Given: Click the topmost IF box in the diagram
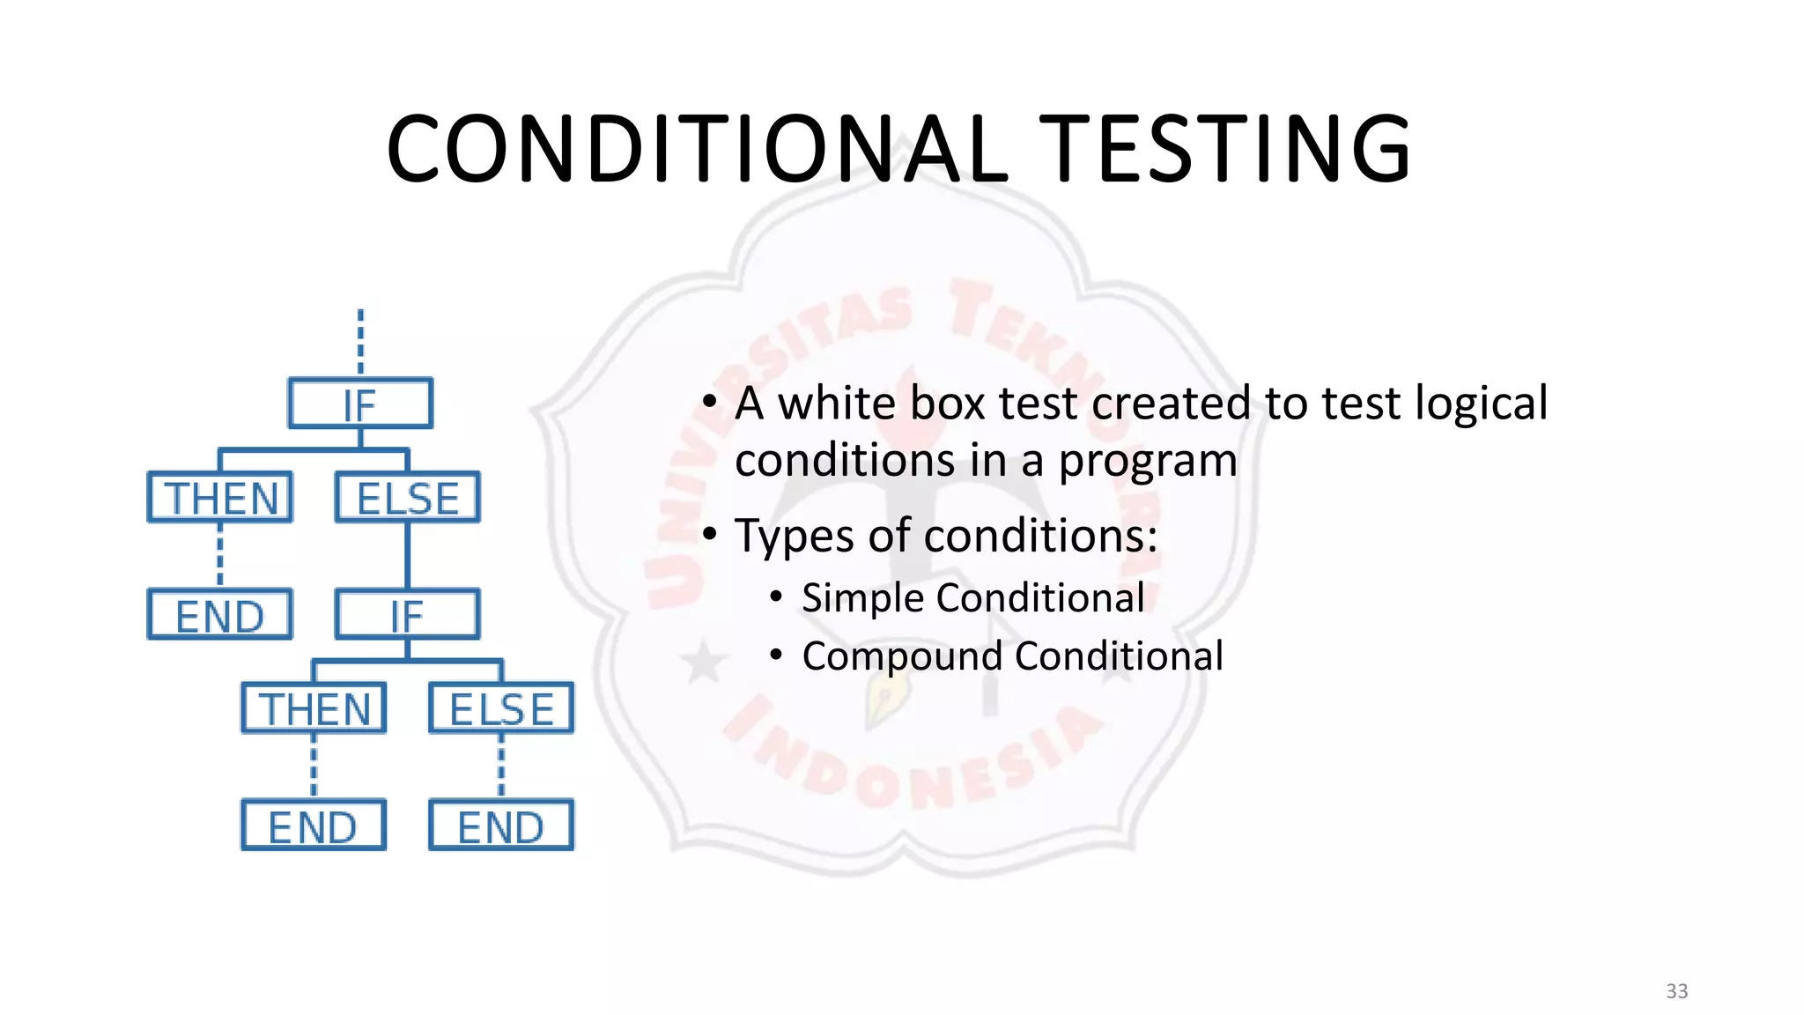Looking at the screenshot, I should click(360, 404).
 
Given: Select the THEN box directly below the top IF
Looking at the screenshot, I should click(220, 498).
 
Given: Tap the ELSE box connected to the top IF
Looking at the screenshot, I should click(408, 498).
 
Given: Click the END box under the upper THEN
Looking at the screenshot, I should click(220, 615).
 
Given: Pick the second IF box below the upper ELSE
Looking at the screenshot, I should click(408, 615).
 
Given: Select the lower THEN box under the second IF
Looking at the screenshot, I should click(314, 708).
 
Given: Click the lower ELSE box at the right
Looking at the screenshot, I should click(501, 708).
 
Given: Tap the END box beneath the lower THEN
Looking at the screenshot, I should click(314, 826).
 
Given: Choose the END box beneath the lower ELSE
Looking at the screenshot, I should click(501, 826).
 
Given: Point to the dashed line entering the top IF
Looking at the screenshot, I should click(360, 342).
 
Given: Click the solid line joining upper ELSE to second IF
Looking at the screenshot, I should click(408, 555).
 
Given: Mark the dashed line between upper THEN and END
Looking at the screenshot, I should click(220, 555).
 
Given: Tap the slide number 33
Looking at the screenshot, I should click(1676, 991).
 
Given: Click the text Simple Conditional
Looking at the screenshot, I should click(972, 597).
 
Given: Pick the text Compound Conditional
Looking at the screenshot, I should click(1012, 656).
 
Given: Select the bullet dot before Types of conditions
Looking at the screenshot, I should click(710, 534).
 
